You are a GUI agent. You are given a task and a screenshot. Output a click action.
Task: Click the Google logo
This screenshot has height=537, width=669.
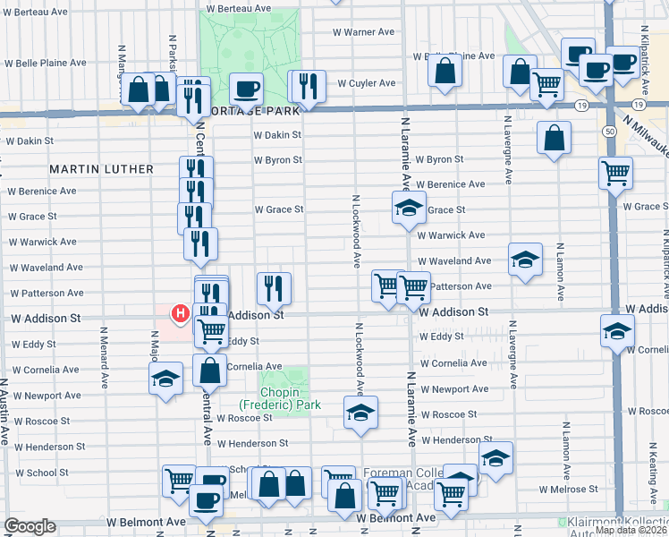tap(30, 526)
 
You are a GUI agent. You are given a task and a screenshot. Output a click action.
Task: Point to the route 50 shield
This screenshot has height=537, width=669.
tap(609, 131)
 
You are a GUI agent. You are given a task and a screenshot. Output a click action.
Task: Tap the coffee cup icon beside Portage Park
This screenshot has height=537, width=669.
tap(246, 88)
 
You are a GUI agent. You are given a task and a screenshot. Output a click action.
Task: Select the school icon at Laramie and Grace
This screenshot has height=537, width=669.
tap(408, 208)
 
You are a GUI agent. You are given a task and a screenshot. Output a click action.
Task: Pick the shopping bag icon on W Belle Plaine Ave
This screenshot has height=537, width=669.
tap(445, 71)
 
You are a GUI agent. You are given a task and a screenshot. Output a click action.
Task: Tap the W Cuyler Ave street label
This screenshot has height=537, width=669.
tap(366, 83)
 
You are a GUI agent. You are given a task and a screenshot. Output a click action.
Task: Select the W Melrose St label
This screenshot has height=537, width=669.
tap(569, 489)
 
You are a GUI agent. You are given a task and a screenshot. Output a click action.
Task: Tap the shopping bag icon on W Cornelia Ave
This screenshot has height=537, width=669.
tap(209, 370)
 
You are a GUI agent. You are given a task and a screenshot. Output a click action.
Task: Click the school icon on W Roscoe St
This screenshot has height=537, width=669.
tap(360, 412)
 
